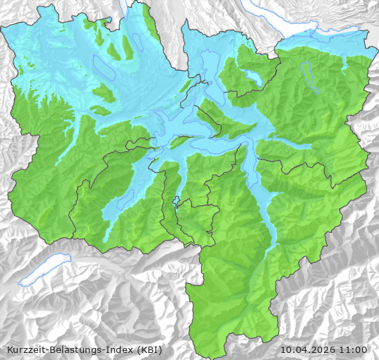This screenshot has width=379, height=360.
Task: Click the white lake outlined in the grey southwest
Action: click(x=44, y=271)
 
